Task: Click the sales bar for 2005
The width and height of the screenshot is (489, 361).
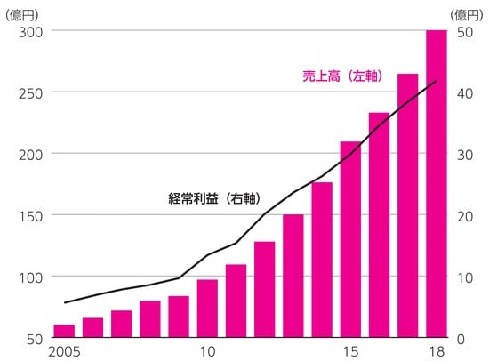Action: [64, 331]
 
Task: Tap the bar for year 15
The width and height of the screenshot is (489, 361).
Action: [350, 240]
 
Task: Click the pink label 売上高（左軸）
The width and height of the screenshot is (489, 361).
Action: [342, 76]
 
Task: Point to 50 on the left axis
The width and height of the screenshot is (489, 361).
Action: [35, 338]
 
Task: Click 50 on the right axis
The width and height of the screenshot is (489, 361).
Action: [464, 31]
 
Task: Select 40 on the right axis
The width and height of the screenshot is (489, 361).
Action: [464, 92]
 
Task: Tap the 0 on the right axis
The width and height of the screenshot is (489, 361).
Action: [461, 338]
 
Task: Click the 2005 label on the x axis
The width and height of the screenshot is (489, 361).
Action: [65, 352]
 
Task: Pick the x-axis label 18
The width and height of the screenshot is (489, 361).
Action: [437, 352]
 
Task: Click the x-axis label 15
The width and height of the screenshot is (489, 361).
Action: [350, 352]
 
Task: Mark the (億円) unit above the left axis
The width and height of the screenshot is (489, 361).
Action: [23, 12]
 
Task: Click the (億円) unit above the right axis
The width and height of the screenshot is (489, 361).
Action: [466, 12]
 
